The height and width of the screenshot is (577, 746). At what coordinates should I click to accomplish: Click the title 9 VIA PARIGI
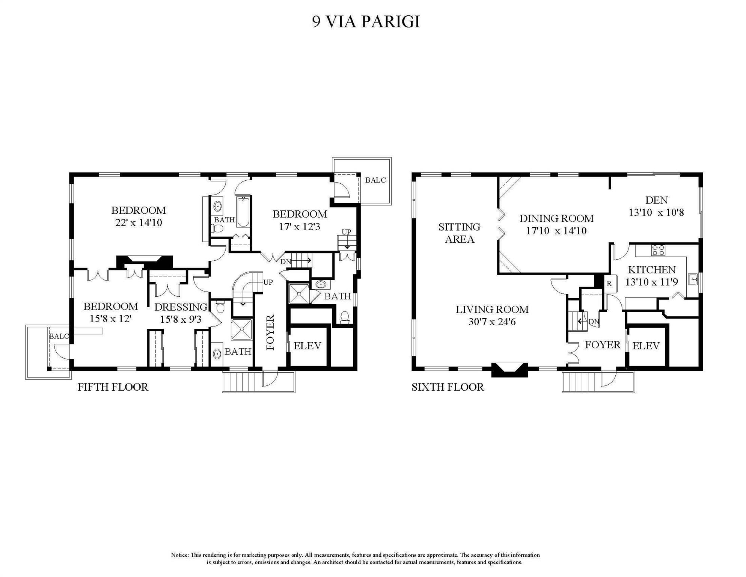[x=366, y=21]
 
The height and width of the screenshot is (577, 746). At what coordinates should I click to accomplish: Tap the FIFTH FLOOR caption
[x=113, y=387]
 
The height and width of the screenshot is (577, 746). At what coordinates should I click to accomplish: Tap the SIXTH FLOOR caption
[x=448, y=387]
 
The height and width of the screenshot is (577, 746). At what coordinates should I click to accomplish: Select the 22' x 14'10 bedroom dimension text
[x=139, y=223]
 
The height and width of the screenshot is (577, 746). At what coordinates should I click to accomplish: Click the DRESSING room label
[x=181, y=307]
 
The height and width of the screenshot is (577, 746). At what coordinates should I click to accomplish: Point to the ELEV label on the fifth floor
[x=307, y=346]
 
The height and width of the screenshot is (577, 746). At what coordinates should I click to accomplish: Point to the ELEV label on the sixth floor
[x=646, y=346]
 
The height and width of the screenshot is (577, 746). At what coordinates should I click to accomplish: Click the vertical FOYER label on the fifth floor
[x=270, y=332]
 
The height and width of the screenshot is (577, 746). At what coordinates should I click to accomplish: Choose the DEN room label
[x=656, y=200]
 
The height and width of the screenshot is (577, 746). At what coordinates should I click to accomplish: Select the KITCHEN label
[x=652, y=270]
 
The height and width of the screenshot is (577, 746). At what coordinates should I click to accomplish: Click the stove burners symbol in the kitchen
[x=658, y=250]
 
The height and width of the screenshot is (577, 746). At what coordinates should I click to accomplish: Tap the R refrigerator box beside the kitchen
[x=609, y=284]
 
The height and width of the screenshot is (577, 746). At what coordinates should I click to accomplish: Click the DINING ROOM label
[x=556, y=218]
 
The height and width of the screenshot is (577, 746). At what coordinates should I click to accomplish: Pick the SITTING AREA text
[x=460, y=233]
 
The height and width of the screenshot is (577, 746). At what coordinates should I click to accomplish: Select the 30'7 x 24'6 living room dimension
[x=492, y=322]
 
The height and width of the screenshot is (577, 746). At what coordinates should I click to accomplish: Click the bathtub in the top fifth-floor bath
[x=243, y=212]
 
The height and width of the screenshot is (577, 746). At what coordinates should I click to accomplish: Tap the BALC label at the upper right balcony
[x=375, y=180]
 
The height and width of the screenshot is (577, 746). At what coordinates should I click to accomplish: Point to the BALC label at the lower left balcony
[x=59, y=336]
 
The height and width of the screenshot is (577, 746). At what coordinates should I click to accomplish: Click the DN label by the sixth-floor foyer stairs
[x=594, y=322]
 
